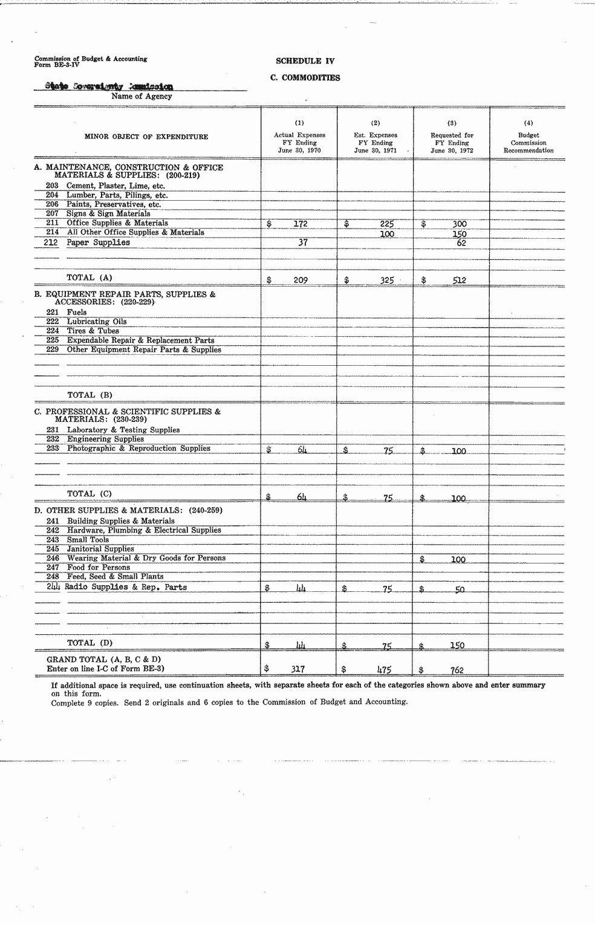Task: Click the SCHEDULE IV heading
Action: (305, 61)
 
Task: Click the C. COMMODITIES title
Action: (305, 78)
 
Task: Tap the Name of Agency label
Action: (141, 96)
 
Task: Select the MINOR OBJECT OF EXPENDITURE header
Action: (146, 137)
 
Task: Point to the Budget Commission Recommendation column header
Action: (528, 143)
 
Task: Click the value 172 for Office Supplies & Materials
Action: (301, 224)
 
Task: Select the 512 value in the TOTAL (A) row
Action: (459, 280)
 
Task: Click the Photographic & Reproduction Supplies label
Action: (138, 449)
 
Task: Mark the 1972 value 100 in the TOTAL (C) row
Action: (458, 499)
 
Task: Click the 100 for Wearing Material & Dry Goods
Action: (458, 560)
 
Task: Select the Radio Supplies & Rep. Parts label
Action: (126, 587)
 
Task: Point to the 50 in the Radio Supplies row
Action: (460, 589)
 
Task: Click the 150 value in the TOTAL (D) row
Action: (457, 645)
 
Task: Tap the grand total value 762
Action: (457, 670)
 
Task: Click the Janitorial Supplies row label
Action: (100, 549)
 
